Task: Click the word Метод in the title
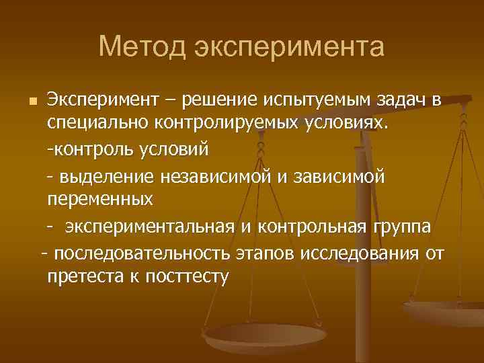click(x=140, y=47)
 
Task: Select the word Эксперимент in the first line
click(x=102, y=101)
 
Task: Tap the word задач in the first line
click(x=401, y=101)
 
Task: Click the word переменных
click(x=99, y=199)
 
